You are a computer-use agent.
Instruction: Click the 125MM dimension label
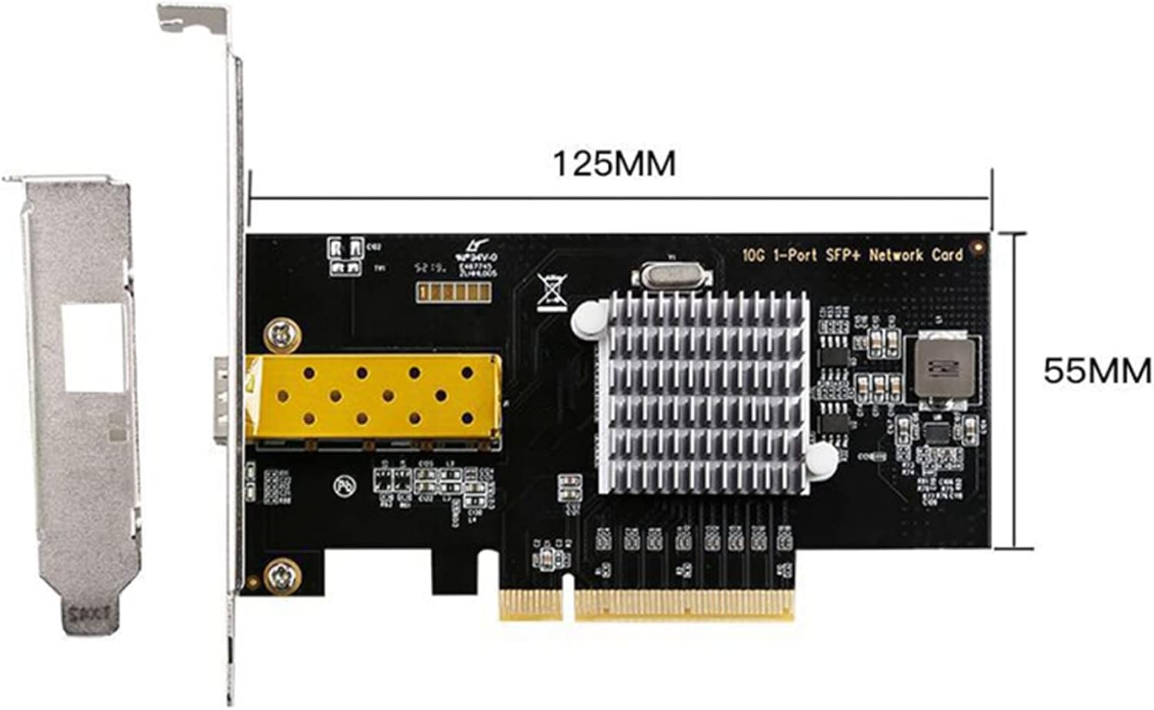click(x=614, y=164)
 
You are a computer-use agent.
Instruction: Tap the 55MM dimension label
click(x=1096, y=371)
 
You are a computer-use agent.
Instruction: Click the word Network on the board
click(x=898, y=255)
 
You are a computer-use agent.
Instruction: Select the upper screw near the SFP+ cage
click(x=282, y=334)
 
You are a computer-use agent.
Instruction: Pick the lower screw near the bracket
click(x=282, y=573)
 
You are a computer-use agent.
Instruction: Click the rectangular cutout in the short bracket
click(x=93, y=345)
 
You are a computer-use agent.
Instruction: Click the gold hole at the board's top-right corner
click(x=978, y=248)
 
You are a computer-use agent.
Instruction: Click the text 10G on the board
click(x=755, y=255)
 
